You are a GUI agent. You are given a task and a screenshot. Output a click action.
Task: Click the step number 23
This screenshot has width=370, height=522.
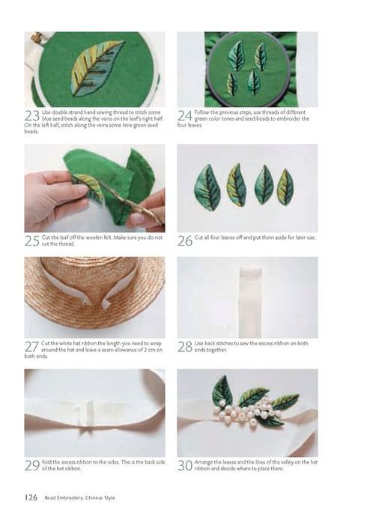click(32, 115)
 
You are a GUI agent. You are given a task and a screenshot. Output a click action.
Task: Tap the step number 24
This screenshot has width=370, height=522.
click(185, 115)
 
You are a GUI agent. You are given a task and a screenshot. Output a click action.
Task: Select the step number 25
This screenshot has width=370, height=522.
click(32, 240)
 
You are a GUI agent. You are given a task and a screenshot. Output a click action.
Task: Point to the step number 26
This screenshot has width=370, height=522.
click(185, 240)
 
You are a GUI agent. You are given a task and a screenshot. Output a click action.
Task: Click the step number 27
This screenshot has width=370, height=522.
click(31, 347)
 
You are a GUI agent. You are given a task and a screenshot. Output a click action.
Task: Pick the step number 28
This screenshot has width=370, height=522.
click(185, 347)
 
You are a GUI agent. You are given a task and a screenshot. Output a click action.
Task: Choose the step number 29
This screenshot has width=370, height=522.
click(32, 465)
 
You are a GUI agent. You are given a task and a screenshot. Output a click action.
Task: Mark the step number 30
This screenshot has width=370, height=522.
click(185, 465)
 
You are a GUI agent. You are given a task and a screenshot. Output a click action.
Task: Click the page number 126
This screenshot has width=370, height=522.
click(31, 497)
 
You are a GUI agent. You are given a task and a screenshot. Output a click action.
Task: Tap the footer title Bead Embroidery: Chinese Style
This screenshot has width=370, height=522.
click(80, 498)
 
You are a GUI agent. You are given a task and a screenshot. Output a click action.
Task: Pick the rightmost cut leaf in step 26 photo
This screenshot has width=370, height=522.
click(285, 186)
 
